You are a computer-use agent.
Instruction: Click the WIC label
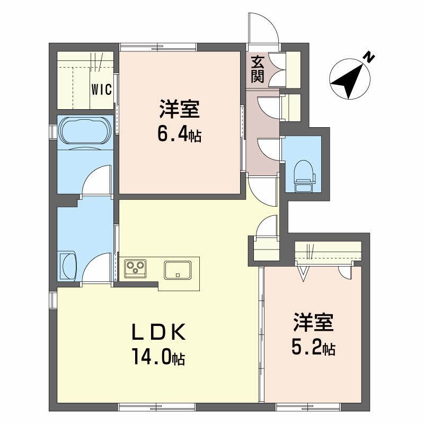[x=101, y=90]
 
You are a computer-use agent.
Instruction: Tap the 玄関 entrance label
[x=257, y=70]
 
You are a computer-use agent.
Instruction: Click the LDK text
[x=158, y=332]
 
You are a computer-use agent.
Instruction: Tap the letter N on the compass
[x=369, y=57]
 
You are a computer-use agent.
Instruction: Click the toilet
[x=304, y=176]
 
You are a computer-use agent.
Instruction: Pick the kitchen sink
[x=178, y=270]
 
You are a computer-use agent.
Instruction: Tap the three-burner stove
[x=135, y=268]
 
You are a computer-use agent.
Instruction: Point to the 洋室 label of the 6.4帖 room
[x=179, y=109]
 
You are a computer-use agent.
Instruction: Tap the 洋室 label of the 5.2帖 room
[x=313, y=322]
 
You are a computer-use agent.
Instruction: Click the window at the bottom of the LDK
[x=157, y=407]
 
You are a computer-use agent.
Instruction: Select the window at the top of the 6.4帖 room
[x=158, y=48]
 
